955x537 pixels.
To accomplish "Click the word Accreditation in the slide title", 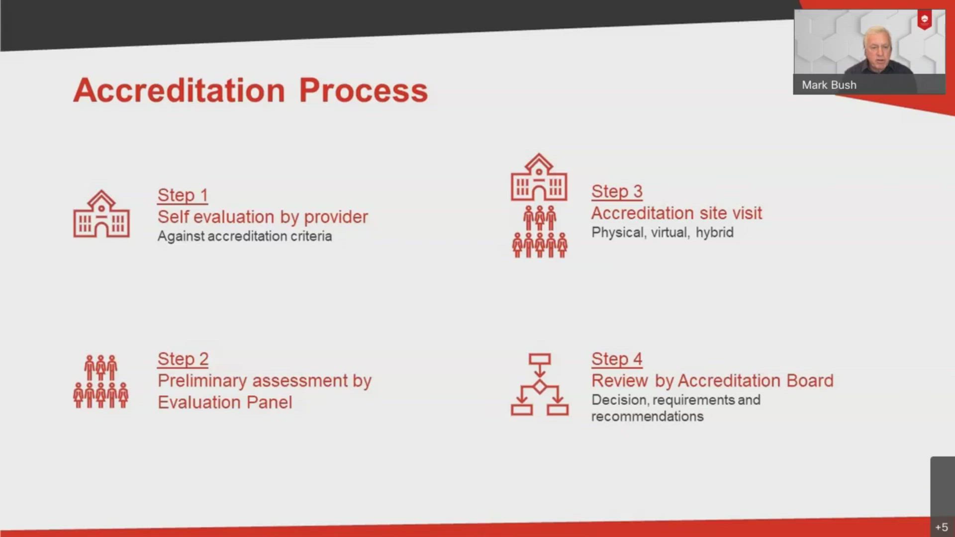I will click(179, 90).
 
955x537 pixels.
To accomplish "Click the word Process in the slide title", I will click(363, 90).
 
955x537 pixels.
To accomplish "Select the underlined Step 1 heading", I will click(183, 195).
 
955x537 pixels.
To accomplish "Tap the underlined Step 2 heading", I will click(183, 359).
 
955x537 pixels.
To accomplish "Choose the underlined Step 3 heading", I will click(617, 191).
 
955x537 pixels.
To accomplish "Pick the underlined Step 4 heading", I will click(617, 359).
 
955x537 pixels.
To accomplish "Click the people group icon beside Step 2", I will click(101, 381).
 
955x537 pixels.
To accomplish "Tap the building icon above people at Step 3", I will click(539, 178).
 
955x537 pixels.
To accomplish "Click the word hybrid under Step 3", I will click(714, 232).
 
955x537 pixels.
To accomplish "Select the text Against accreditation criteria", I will click(244, 236).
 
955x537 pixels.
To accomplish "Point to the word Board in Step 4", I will click(810, 381).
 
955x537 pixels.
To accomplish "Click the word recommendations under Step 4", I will click(647, 417).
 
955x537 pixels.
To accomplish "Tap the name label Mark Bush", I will click(829, 85).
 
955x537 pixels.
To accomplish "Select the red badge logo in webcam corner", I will click(924, 20).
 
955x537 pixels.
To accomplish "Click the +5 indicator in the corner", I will click(941, 527).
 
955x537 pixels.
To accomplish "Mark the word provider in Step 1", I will click(336, 217).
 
